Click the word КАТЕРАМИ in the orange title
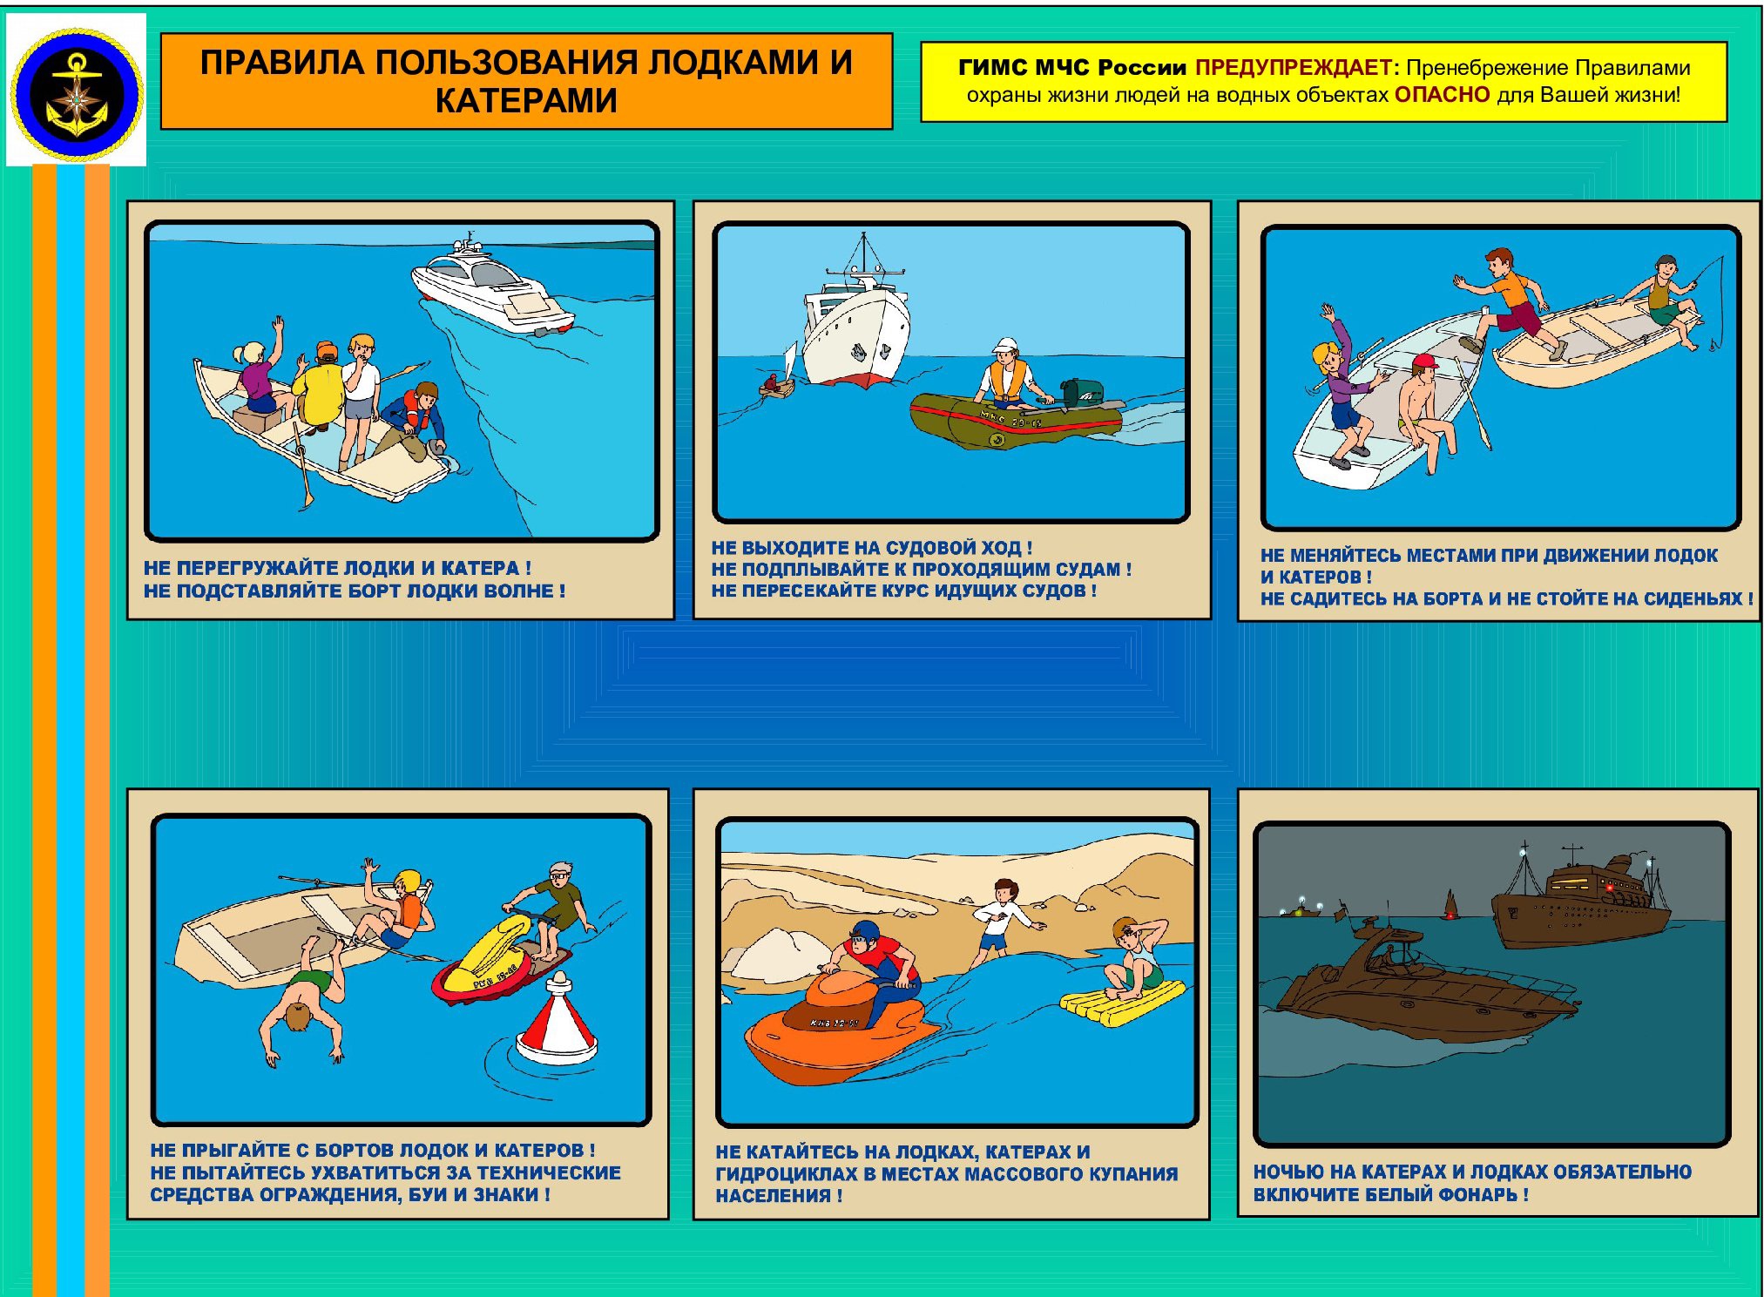(x=526, y=101)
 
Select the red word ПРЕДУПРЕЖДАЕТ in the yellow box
(x=1293, y=67)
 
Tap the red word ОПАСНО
(x=1442, y=95)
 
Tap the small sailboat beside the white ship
(x=779, y=375)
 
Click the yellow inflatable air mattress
(x=1123, y=1002)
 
